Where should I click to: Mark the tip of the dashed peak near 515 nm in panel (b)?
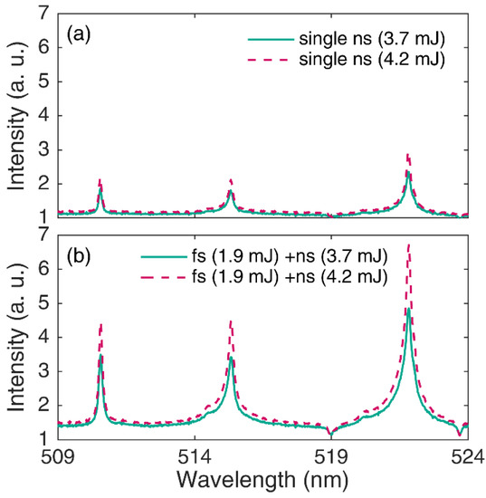(231, 321)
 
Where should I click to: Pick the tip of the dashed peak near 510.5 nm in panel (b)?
(100, 322)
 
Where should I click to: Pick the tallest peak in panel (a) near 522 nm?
(409, 155)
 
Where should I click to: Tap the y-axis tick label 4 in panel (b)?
(43, 338)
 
